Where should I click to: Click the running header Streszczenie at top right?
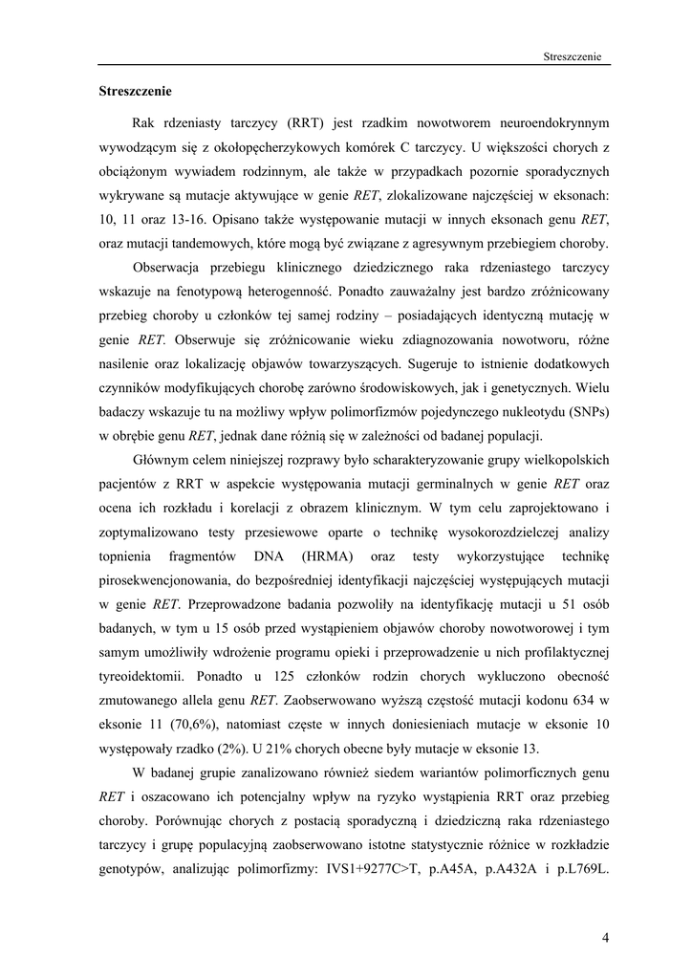(571, 56)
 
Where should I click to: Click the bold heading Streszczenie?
(136, 93)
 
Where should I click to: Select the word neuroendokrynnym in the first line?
(549, 123)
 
